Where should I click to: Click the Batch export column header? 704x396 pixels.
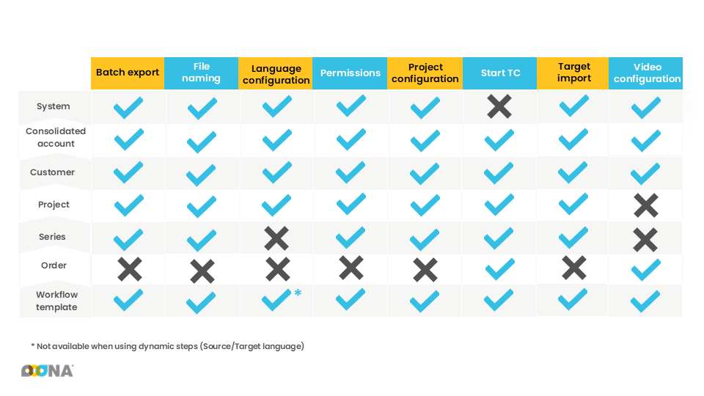point(128,73)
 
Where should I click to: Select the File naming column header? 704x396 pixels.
point(202,73)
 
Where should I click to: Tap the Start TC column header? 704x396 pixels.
point(500,73)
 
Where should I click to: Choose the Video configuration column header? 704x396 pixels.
point(647,73)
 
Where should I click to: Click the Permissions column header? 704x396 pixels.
point(351,73)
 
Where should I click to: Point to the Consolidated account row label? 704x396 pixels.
point(56,138)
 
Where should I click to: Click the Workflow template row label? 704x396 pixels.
point(56,301)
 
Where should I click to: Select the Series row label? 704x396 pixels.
point(52,237)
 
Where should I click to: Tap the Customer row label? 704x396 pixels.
point(52,172)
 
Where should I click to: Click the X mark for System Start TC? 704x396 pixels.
point(499,107)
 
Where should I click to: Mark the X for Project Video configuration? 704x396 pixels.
point(646,205)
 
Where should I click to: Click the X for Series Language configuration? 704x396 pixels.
point(276,238)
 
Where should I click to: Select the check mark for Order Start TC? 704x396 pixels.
point(499,269)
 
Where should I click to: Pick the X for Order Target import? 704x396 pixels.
point(573,268)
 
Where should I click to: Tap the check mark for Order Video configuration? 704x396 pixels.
point(646,269)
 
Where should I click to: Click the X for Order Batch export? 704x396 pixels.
point(129,269)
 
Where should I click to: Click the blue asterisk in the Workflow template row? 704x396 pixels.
point(298,293)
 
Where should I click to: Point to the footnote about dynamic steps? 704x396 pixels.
point(167,346)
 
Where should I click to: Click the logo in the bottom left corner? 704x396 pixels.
point(47,371)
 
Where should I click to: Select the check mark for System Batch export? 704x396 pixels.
point(128,108)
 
